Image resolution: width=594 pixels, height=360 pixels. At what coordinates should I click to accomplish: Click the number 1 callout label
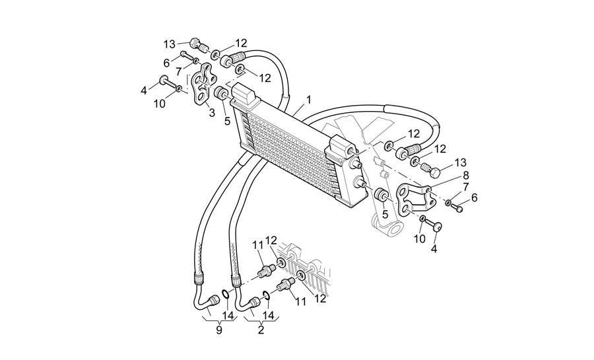coord(309,100)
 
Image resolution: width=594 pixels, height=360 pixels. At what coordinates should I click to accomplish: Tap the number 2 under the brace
coord(261,330)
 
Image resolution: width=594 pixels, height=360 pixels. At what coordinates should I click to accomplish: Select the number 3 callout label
coord(212,112)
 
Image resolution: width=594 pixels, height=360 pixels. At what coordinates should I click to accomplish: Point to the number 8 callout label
coord(466,176)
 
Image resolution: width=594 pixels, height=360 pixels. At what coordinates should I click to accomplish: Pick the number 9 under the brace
coord(219,330)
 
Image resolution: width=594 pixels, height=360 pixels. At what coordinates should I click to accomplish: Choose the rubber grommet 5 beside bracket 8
coord(381,195)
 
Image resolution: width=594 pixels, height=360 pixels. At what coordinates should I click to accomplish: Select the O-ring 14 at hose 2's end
coord(266,295)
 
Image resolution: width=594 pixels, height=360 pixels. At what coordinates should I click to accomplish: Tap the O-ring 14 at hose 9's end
coord(224,294)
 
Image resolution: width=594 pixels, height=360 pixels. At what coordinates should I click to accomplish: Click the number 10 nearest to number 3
coord(160,104)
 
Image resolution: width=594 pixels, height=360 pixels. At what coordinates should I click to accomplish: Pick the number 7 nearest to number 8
coord(465,186)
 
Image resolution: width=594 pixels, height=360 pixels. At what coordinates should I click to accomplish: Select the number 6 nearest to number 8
coord(475,198)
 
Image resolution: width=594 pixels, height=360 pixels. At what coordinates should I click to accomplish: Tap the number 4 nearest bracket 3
coord(144,91)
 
